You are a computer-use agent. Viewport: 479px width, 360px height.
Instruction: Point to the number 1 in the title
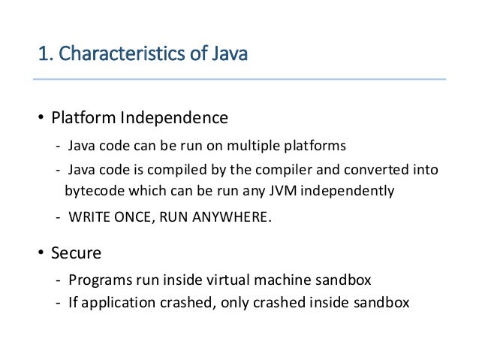(x=41, y=55)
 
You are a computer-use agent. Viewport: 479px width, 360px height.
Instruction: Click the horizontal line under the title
(x=240, y=79)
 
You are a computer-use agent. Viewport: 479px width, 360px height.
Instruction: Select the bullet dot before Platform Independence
(x=41, y=119)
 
